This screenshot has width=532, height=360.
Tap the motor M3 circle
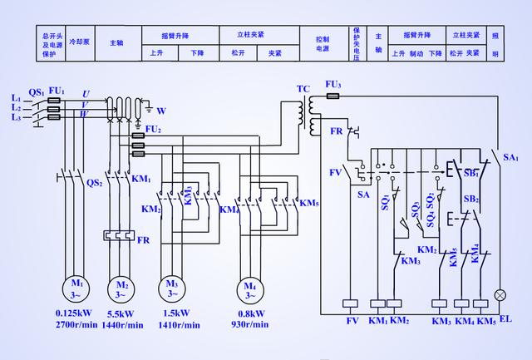[x=173, y=288]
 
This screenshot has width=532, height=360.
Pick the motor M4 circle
[x=249, y=288]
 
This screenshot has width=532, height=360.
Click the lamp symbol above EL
[x=500, y=295]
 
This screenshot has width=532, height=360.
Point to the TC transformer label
[x=303, y=88]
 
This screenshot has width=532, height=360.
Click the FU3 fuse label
[x=332, y=85]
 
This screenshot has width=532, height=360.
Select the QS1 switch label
[x=36, y=91]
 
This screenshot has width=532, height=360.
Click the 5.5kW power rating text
[x=121, y=314]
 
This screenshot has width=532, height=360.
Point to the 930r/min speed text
[x=249, y=324]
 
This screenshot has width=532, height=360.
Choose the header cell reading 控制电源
[x=323, y=43]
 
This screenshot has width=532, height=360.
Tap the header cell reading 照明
[x=495, y=44]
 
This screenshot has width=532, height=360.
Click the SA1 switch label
[x=510, y=157]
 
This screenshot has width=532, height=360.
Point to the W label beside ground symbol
[x=161, y=111]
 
